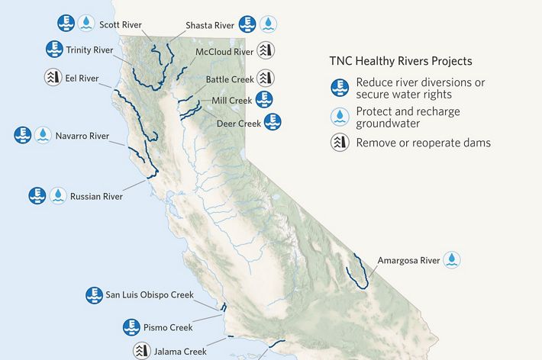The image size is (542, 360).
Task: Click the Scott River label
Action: coord(120,24)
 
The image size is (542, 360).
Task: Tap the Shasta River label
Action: coord(210,25)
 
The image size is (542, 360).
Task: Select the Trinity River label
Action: coord(90,50)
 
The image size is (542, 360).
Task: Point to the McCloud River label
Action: coord(224,52)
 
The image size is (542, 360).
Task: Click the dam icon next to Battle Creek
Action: coord(266,78)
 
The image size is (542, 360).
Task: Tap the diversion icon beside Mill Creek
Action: coord(264,99)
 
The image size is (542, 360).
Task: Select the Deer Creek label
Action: coord(239,122)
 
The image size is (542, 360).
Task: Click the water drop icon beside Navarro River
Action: coord(44,136)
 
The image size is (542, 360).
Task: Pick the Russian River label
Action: coord(96,196)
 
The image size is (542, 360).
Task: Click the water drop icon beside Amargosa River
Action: coord(453,260)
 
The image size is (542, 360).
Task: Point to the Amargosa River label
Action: coord(408,260)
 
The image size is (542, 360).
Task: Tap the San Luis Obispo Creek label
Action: coord(150,294)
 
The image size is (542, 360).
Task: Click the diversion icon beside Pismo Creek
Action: coord(132,327)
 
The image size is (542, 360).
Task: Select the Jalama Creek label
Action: coord(180,352)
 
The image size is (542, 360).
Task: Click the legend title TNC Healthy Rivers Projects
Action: coord(400,61)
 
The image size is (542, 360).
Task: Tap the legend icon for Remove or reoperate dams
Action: coord(340,143)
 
